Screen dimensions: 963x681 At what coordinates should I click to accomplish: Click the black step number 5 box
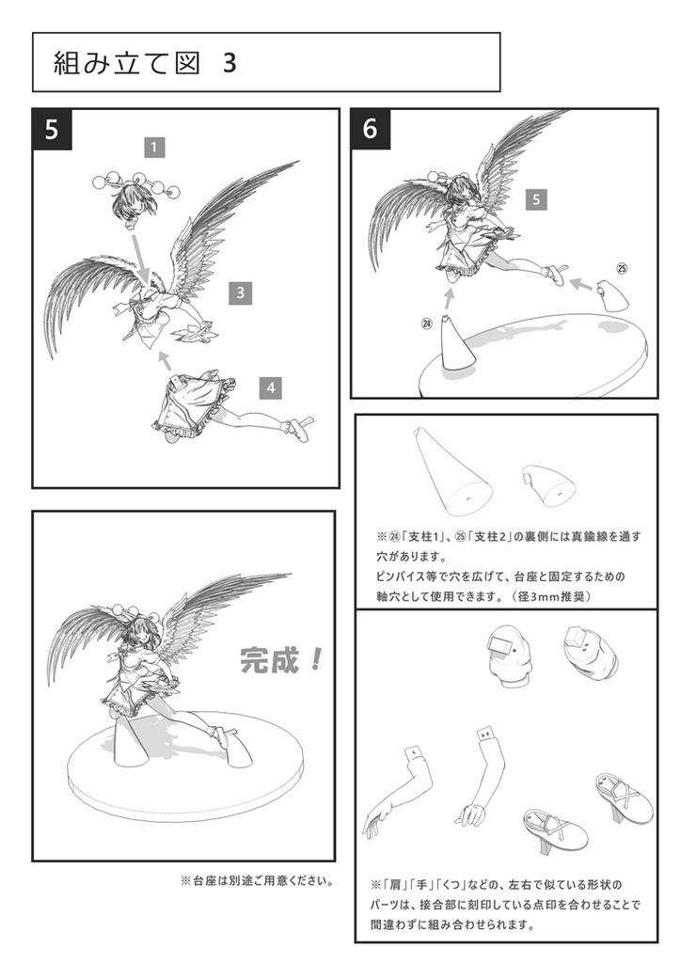53,130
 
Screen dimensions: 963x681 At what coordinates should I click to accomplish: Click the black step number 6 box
370,129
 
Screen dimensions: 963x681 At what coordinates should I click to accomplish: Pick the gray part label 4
270,387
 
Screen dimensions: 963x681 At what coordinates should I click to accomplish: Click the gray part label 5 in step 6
534,199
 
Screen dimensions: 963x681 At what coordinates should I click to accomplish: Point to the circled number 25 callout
621,268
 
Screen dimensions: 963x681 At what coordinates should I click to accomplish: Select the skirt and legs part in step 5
216,410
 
